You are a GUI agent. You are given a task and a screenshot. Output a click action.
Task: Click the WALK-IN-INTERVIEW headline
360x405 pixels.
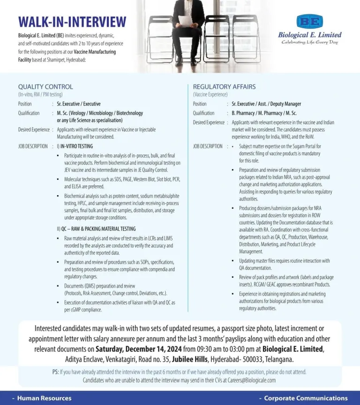pyautogui.click(x=72, y=22)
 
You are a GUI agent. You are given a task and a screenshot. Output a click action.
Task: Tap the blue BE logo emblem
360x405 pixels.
pyautogui.click(x=309, y=21)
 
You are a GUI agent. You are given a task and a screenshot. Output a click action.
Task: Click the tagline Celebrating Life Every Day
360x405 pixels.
pyautogui.click(x=309, y=42)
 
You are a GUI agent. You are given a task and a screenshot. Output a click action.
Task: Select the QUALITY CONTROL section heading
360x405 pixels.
pyautogui.click(x=45, y=87)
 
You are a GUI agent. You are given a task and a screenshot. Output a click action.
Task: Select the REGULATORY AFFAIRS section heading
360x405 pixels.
pyautogui.click(x=224, y=87)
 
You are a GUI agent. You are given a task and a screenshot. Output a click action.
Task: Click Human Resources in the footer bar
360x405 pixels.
pyautogui.click(x=44, y=398)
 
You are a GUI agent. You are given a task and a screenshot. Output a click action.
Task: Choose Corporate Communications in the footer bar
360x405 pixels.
pyautogui.click(x=306, y=398)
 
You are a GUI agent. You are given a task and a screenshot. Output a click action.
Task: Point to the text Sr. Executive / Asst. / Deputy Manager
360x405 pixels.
pyautogui.click(x=266, y=104)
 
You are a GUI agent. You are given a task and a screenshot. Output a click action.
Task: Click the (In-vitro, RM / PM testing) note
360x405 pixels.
pyautogui.click(x=40, y=94)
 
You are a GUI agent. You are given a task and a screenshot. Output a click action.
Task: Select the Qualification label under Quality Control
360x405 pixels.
pyautogui.click(x=29, y=113)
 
